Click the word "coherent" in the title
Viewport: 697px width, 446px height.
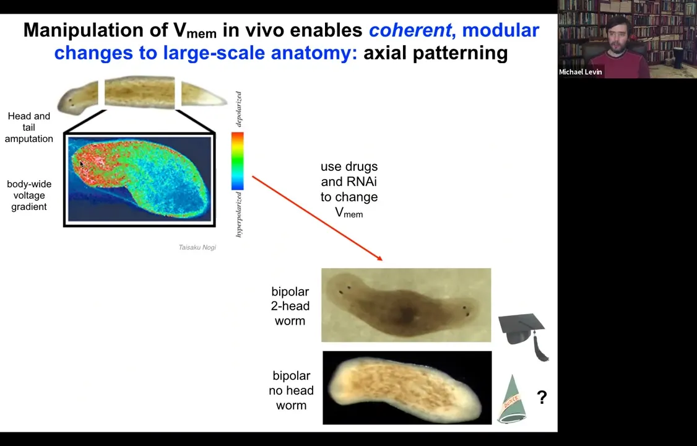(410, 30)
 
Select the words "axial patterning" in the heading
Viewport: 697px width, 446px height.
(436, 53)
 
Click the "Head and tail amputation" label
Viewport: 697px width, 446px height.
(29, 128)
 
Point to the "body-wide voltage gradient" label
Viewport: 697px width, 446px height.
(29, 196)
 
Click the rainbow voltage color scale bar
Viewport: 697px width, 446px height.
(237, 161)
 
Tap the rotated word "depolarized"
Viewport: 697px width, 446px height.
(239, 110)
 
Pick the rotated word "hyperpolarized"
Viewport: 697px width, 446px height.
(239, 214)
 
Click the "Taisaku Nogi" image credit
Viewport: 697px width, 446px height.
(197, 247)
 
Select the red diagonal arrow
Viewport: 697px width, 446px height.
(318, 218)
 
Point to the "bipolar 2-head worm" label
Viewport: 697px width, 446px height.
(290, 307)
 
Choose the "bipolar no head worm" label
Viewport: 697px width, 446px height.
(291, 390)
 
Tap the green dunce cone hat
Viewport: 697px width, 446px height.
(512, 400)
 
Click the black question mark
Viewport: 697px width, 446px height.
(542, 396)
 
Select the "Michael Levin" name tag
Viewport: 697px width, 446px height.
(581, 72)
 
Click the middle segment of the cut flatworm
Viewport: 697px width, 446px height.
(140, 92)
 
